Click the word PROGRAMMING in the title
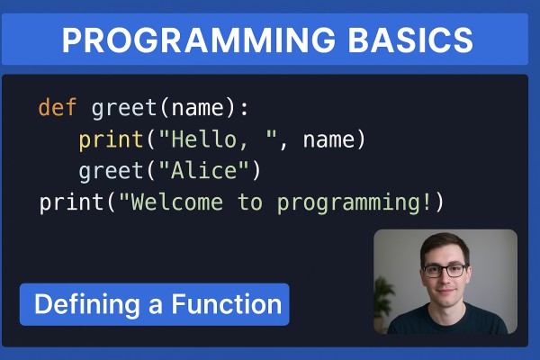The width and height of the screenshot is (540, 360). pos(198,40)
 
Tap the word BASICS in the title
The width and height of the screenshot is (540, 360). pos(410,40)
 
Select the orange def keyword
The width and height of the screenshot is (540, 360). pos(58,107)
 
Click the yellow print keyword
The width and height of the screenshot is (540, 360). pos(111,140)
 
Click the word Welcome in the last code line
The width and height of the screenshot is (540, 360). pos(177,202)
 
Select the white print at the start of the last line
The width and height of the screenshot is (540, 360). pos(71,202)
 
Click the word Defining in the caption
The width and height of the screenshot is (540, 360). pos(87,304)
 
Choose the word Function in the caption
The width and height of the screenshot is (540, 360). pos(227,304)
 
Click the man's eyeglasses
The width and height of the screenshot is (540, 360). pos(445,271)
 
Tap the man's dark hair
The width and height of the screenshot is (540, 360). pos(445,247)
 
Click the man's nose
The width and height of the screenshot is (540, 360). pos(445,278)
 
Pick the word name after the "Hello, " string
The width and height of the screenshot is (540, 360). pos(328,139)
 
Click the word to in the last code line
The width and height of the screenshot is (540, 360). pos(250,202)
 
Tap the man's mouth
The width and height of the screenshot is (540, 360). pos(445,291)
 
